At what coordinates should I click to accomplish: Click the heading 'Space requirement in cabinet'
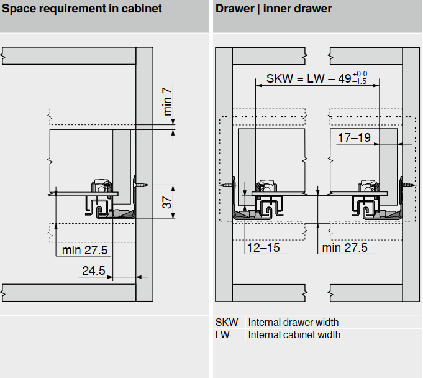(x=82, y=9)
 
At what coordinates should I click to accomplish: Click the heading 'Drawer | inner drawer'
(x=273, y=9)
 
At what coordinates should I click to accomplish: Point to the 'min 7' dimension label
(x=166, y=102)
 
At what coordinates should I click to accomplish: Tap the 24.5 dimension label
(x=93, y=270)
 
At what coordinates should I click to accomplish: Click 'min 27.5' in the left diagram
(x=85, y=250)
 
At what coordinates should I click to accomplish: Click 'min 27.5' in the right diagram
(x=345, y=247)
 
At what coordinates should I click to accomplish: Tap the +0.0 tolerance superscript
(x=360, y=74)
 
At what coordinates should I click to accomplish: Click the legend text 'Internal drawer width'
(x=293, y=322)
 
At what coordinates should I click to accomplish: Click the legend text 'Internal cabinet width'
(x=294, y=334)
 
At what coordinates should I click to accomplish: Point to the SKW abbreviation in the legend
(x=227, y=322)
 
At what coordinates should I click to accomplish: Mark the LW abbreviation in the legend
(x=222, y=334)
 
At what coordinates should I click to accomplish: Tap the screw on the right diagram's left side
(x=224, y=185)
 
